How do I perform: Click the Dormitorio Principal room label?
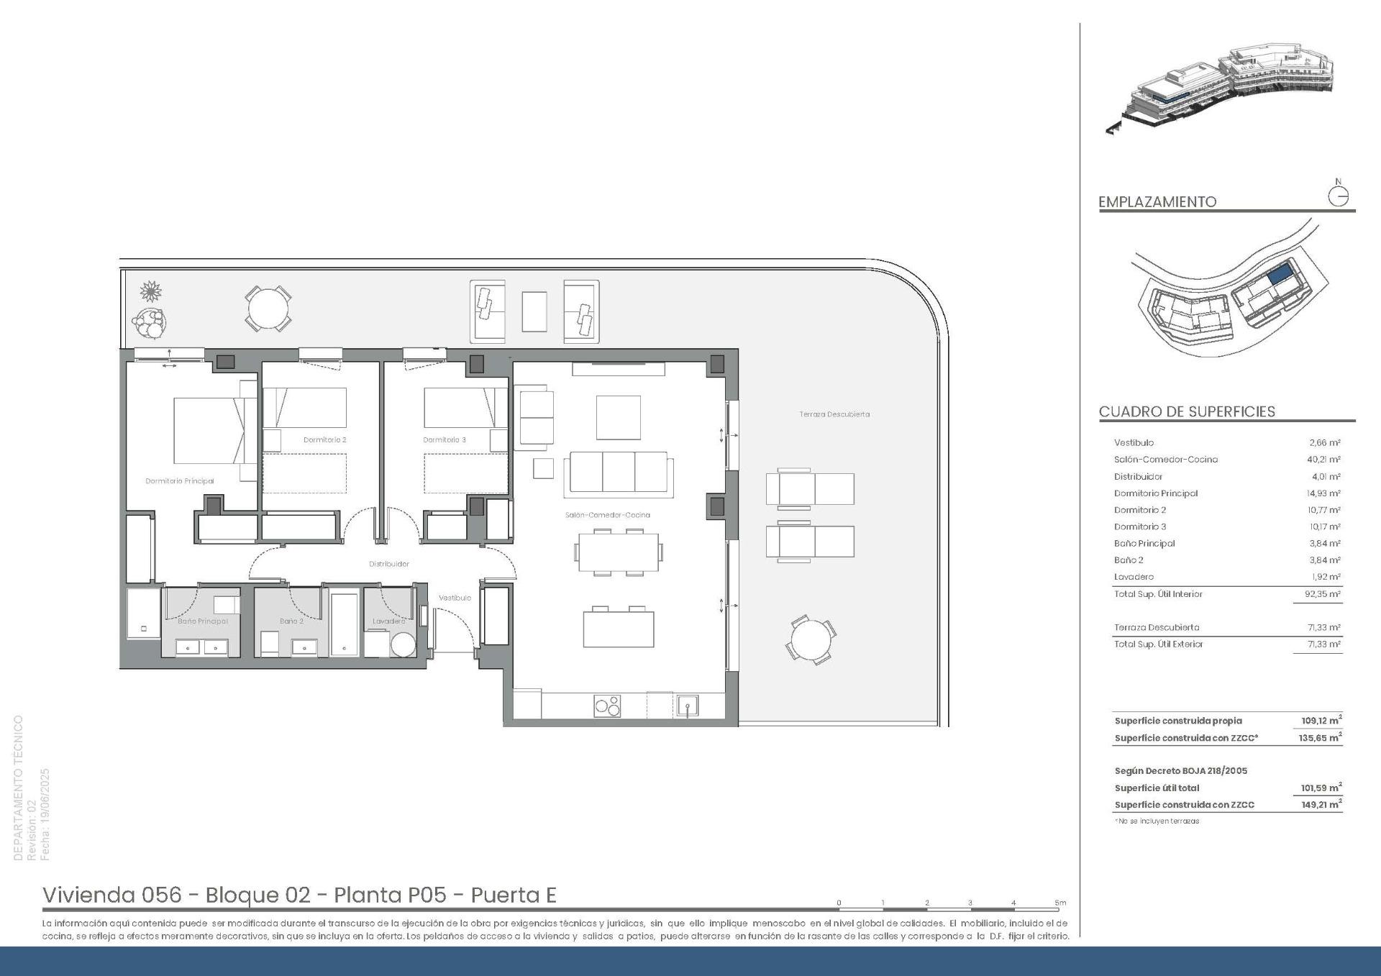tap(180, 481)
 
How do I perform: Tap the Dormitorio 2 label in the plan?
tap(324, 439)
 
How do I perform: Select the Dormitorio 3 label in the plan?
tap(444, 439)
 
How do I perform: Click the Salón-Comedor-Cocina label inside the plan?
tap(607, 515)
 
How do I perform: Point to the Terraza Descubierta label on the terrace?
tap(834, 414)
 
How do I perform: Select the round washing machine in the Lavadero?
tap(403, 644)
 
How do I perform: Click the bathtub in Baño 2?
tap(345, 623)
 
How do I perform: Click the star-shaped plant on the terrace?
tap(150, 291)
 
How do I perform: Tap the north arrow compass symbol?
tap(1338, 196)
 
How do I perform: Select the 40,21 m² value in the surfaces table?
tap(1323, 460)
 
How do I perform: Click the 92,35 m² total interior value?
tap(1323, 594)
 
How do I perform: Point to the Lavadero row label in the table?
tap(1134, 577)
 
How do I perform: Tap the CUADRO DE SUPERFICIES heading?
tap(1187, 412)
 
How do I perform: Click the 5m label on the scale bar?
tap(1059, 903)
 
